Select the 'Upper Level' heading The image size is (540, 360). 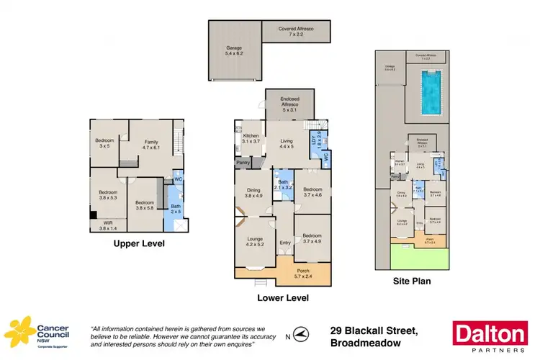point(139,243)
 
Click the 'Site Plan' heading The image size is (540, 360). point(412,282)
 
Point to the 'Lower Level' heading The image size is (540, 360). point(282,297)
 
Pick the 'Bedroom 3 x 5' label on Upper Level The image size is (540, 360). point(104,143)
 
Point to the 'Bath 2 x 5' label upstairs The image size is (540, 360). point(176,209)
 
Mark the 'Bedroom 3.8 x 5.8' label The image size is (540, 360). point(146,204)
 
